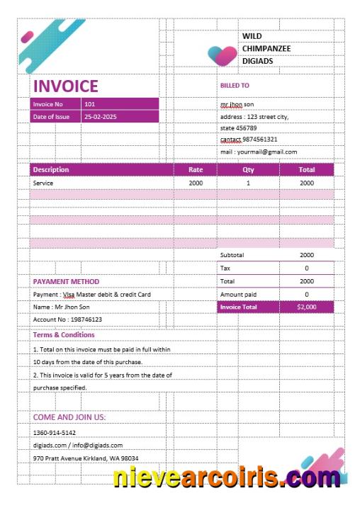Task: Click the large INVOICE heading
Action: (65, 86)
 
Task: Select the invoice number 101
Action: (89, 104)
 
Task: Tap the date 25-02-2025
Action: (100, 117)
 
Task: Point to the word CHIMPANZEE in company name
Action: (266, 48)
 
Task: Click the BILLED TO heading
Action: (235, 86)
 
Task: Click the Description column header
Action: (51, 170)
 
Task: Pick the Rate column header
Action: (196, 170)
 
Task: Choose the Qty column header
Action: (248, 170)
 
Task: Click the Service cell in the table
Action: (43, 183)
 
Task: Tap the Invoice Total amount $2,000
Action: (307, 307)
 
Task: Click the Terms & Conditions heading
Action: (64, 335)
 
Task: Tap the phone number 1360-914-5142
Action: (55, 432)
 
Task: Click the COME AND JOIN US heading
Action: (69, 417)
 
